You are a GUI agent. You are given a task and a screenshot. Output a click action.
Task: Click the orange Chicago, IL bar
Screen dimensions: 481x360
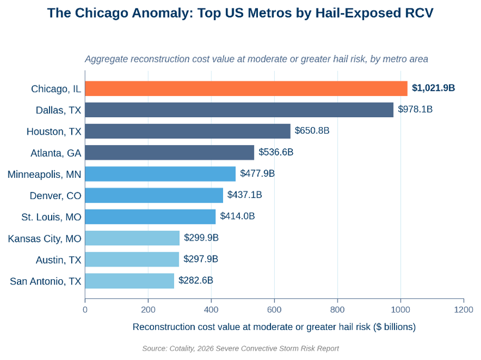[246, 89]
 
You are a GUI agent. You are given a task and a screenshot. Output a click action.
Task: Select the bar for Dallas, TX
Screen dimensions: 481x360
[239, 110]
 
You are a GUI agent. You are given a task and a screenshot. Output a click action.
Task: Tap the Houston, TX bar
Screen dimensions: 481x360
[188, 131]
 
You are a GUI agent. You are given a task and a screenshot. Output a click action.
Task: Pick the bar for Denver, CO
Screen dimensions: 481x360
[154, 195]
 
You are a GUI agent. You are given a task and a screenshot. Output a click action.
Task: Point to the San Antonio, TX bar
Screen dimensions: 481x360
[130, 281]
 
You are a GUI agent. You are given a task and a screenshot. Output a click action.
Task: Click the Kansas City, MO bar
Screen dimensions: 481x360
[132, 238]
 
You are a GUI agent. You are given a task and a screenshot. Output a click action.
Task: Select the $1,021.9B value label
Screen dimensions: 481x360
[433, 88]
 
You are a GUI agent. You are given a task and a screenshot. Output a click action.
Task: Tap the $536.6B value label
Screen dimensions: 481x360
[276, 152]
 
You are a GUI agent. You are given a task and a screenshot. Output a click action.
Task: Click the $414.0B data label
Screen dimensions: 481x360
[237, 216]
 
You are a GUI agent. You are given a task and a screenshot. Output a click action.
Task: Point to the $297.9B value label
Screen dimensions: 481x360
[200, 259]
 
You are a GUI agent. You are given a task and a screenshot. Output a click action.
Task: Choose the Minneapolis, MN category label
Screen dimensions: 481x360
[44, 174]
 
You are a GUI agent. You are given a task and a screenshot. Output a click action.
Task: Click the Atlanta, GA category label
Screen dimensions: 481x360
[56, 153]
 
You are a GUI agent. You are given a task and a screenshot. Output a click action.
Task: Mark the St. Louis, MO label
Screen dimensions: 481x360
[51, 217]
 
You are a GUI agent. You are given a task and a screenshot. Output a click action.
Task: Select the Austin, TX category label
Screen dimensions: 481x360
[59, 260]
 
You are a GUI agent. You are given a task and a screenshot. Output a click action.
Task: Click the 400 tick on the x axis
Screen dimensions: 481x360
[211, 310]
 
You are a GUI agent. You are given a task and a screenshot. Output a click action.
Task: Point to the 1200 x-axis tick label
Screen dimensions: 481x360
[464, 310]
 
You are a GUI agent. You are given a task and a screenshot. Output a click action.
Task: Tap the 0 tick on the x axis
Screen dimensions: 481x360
[85, 310]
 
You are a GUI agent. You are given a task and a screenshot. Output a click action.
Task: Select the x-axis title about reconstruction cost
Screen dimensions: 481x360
[274, 327]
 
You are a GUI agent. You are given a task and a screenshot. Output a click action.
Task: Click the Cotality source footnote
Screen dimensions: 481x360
[240, 348]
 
